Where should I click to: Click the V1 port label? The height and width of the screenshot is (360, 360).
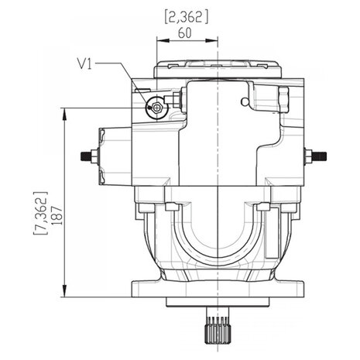(84, 63)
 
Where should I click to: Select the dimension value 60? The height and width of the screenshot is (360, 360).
(185, 33)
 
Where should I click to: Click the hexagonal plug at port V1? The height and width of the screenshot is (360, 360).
(156, 107)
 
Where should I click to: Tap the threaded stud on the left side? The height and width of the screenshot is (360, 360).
(86, 156)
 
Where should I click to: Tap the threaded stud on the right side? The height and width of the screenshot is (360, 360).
(320, 156)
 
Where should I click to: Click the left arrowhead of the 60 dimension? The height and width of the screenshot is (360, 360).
(163, 40)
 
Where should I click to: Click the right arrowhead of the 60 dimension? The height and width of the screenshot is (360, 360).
(212, 40)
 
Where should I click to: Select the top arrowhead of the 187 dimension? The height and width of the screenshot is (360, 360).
(64, 115)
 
